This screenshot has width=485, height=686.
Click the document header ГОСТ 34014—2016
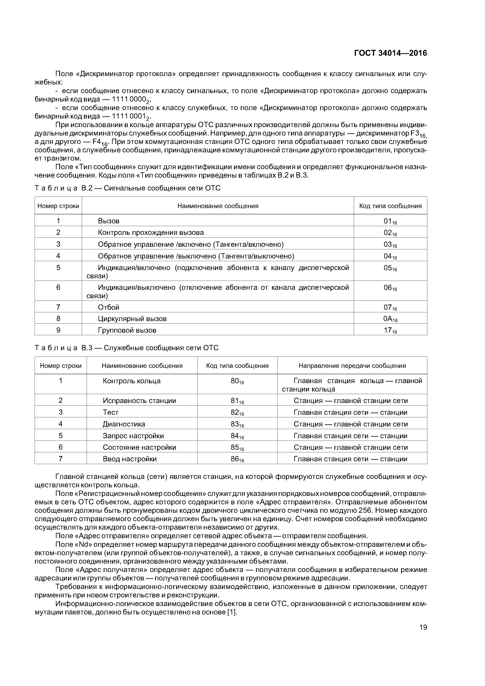coord(390,53)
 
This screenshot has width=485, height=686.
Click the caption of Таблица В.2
coord(127,188)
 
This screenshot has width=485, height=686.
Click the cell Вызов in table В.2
coord(109,221)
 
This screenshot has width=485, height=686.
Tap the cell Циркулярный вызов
coord(132,319)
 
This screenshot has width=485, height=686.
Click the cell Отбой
coord(109,307)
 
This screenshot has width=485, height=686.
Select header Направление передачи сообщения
coord(352,366)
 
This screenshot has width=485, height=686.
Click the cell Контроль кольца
coord(131,381)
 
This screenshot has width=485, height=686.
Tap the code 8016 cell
coord(237,381)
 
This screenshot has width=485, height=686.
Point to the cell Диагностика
coord(124,424)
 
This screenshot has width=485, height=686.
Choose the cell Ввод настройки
coord(129,459)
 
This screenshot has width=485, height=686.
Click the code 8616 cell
coord(237,459)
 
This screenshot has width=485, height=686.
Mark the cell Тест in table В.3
coord(110,412)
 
